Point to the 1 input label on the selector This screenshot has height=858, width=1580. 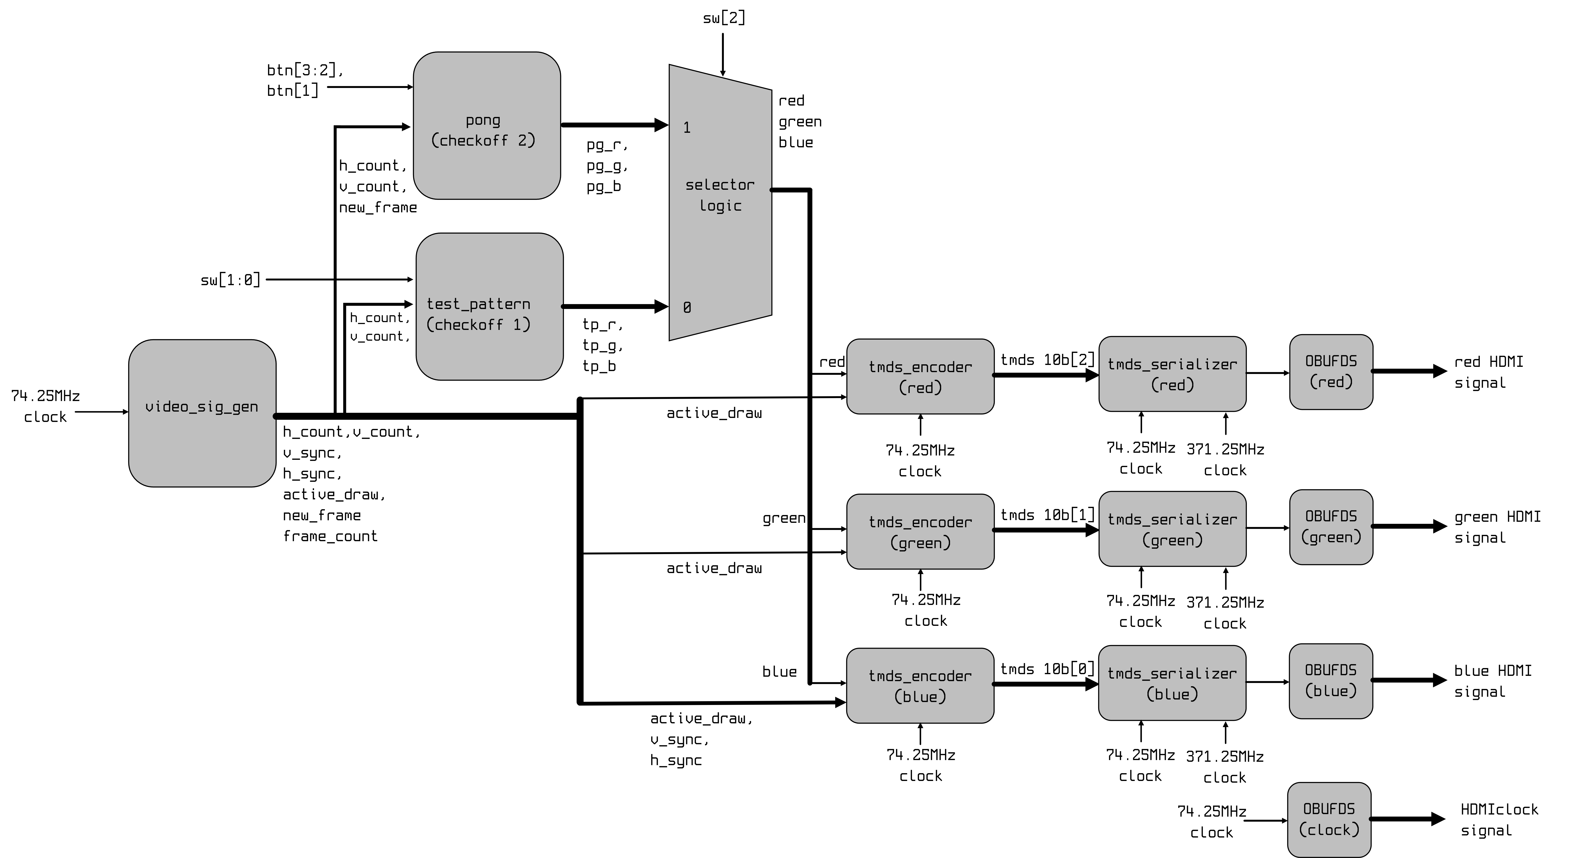pyautogui.click(x=687, y=127)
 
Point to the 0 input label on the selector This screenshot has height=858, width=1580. pyautogui.click(x=687, y=307)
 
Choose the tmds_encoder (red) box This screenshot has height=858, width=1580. pyautogui.click(x=920, y=376)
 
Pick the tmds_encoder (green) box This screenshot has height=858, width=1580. pyautogui.click(x=920, y=531)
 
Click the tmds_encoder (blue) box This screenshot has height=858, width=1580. pyautogui.click(x=920, y=685)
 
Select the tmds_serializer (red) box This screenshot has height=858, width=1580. pyautogui.click(x=1172, y=374)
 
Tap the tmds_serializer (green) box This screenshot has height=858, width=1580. pyautogui.click(x=1172, y=529)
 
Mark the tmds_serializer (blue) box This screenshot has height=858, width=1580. pyautogui.click(x=1172, y=683)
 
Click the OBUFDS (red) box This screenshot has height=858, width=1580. pyautogui.click(x=1331, y=371)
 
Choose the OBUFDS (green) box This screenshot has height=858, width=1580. pyautogui.click(x=1331, y=526)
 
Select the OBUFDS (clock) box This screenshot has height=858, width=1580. pyautogui.click(x=1329, y=819)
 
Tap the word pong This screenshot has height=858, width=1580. pyautogui.click(x=483, y=120)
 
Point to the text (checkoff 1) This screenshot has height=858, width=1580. pyautogui.click(x=478, y=324)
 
